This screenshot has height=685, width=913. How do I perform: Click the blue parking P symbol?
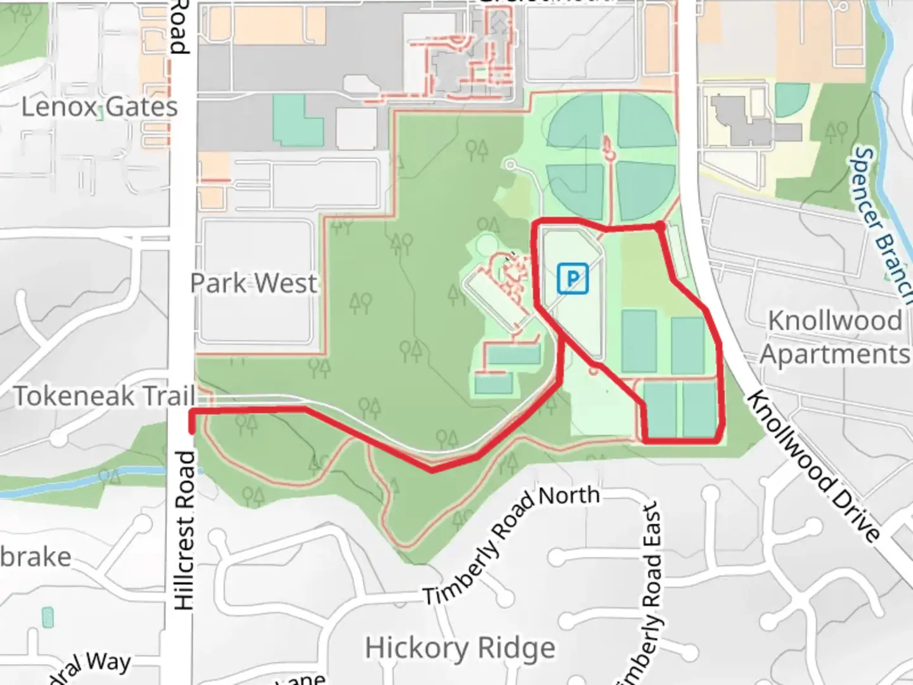(573, 279)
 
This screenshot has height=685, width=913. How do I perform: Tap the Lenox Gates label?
(100, 107)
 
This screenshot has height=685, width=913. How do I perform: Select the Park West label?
(254, 283)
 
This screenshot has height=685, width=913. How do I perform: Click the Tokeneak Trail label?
(104, 396)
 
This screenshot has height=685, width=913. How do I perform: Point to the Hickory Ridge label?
(460, 648)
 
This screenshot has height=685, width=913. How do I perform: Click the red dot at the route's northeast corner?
(661, 225)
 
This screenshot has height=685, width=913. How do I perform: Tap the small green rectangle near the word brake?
(48, 617)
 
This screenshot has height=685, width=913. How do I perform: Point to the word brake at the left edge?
(36, 557)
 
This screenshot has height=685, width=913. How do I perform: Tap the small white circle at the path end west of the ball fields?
(510, 165)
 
